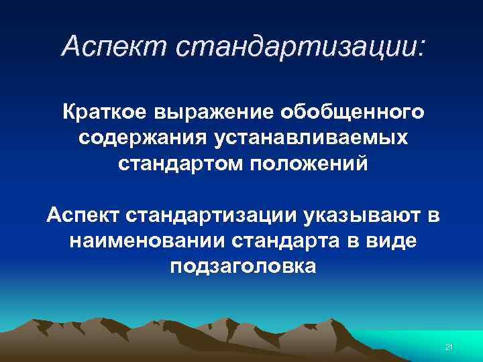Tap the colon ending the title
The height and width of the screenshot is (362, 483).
(x=421, y=47)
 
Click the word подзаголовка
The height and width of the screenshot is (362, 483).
(x=242, y=267)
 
